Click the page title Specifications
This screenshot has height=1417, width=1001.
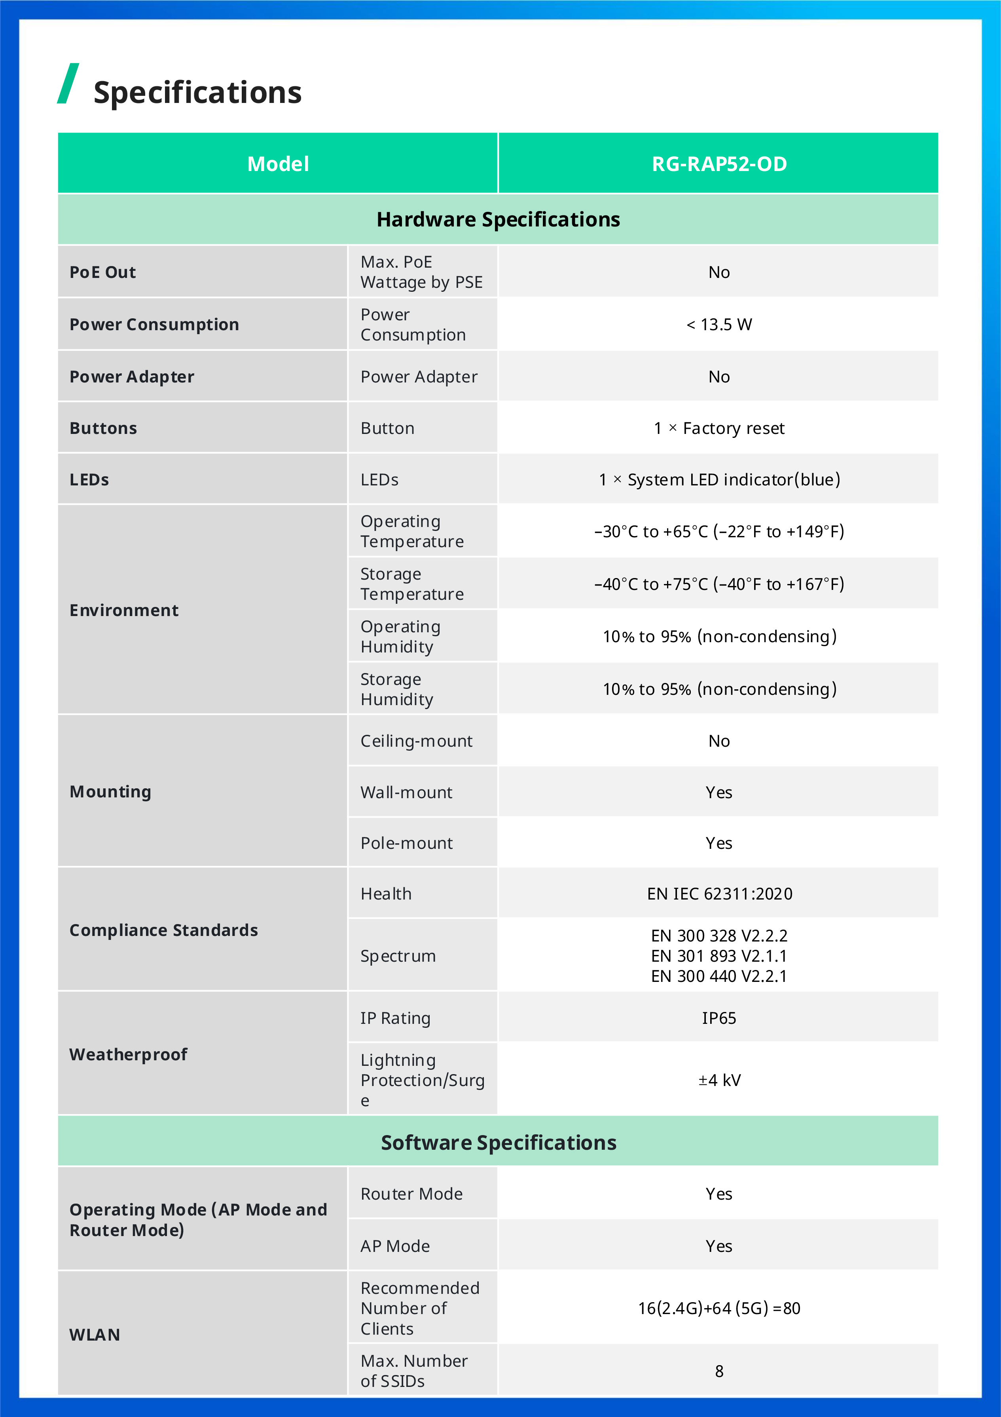pyautogui.click(x=197, y=93)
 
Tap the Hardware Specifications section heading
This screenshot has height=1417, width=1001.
pyautogui.click(x=499, y=220)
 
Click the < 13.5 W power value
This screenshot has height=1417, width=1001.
pyautogui.click(x=719, y=325)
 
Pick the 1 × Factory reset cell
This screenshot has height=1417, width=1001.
pyautogui.click(x=719, y=428)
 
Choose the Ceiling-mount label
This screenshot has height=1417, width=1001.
pyautogui.click(x=416, y=741)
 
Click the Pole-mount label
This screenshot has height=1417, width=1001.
pyautogui.click(x=406, y=843)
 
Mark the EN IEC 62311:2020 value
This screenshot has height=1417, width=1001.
pyautogui.click(x=719, y=894)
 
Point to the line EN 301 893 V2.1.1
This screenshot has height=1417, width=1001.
pyautogui.click(x=719, y=956)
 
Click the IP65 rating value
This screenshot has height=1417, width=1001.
pyautogui.click(x=719, y=1018)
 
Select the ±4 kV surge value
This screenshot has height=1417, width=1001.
pyautogui.click(x=719, y=1080)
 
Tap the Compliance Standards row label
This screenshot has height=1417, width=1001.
pyautogui.click(x=163, y=930)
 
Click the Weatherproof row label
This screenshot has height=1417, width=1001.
pyautogui.click(x=128, y=1055)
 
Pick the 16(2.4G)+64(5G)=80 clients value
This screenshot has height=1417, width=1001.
pyautogui.click(x=719, y=1309)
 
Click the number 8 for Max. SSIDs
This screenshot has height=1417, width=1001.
pyautogui.click(x=719, y=1371)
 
